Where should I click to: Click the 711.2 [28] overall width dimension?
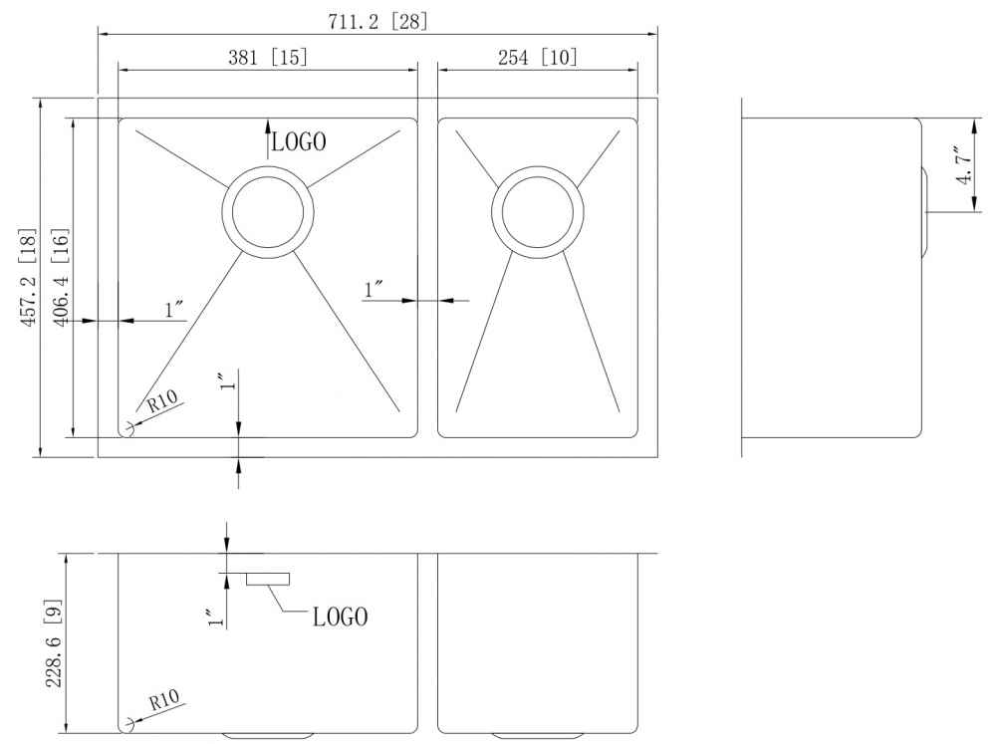[x=377, y=22]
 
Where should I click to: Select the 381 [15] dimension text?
[x=267, y=57]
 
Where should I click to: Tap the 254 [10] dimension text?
[x=538, y=57]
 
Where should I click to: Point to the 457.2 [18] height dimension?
[x=29, y=278]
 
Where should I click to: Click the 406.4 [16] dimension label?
[x=61, y=278]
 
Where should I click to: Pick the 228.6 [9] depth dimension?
[x=54, y=643]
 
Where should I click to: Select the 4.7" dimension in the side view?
[x=965, y=164]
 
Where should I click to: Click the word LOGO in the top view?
[x=299, y=141]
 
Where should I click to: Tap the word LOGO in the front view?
[x=340, y=617]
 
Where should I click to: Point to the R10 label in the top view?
[x=162, y=401]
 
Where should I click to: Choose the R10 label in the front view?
[x=164, y=700]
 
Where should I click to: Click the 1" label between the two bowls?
[x=373, y=290]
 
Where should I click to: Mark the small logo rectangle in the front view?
[x=268, y=579]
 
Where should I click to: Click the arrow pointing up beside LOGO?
[x=267, y=137]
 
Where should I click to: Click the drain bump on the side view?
[x=925, y=212]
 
